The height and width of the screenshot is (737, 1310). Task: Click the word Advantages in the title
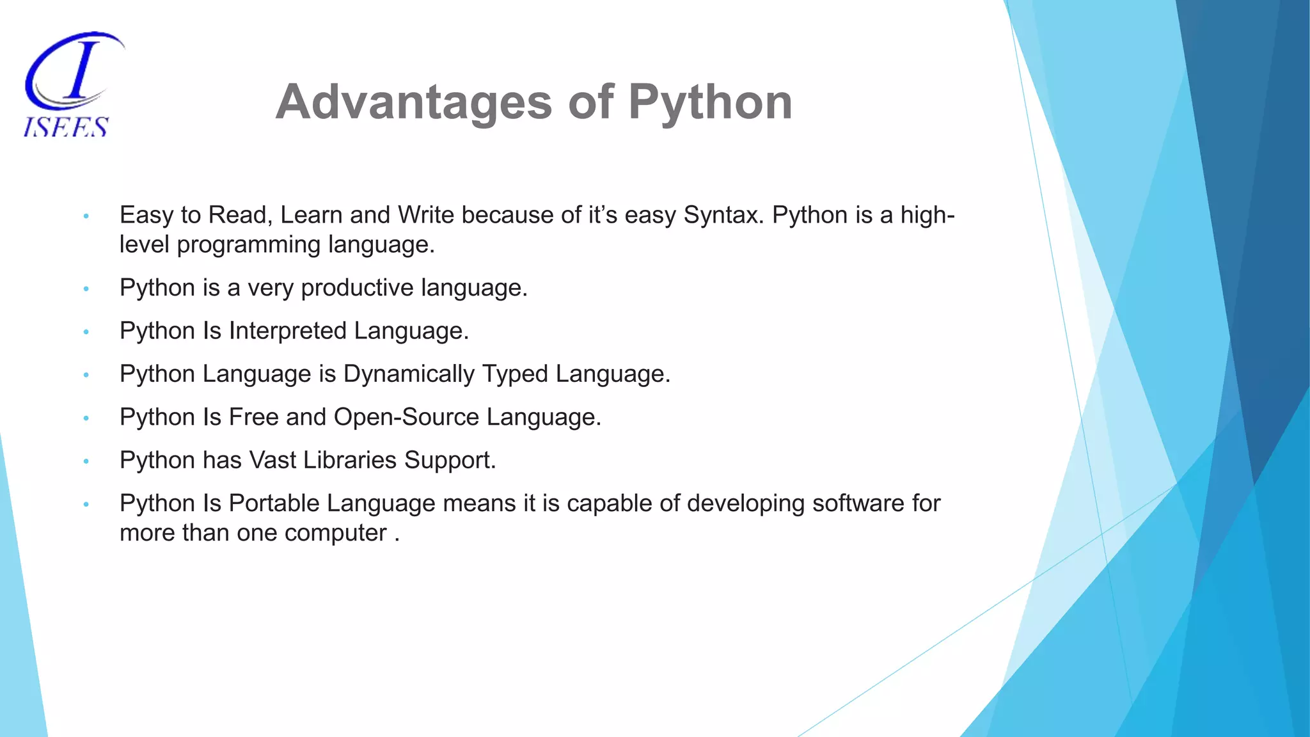[x=413, y=102]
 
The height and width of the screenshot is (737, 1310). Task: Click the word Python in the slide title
[x=710, y=102]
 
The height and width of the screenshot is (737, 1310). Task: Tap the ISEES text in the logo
[x=66, y=127]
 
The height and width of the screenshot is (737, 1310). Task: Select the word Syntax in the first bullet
[x=723, y=215]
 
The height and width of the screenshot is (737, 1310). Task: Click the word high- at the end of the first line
[x=927, y=215]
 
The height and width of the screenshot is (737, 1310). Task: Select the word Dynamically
[x=409, y=374]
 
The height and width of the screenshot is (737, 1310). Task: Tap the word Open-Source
[x=406, y=417]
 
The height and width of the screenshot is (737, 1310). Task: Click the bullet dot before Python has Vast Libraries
[x=86, y=461]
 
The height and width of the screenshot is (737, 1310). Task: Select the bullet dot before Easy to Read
[x=86, y=216]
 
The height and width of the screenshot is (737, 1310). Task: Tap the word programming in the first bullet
[x=249, y=244]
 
